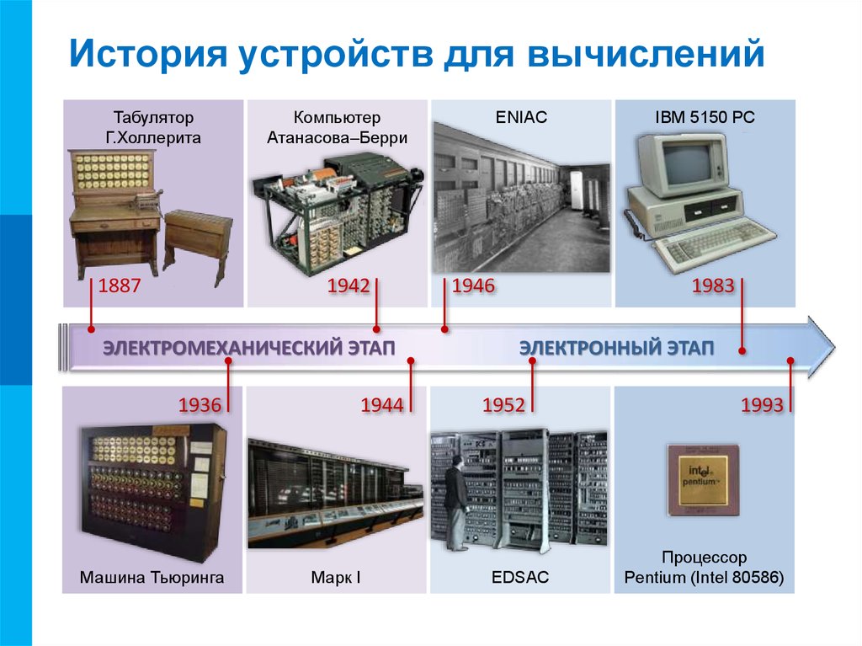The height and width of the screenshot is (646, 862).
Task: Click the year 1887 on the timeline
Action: [x=120, y=286]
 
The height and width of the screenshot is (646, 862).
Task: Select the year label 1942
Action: [x=349, y=286]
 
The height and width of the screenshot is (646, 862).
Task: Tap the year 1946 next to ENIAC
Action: [x=473, y=286]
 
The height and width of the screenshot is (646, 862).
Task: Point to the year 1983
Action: [x=713, y=286]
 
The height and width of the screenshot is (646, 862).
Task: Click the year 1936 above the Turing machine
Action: [x=200, y=405]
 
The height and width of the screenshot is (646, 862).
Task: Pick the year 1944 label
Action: [x=382, y=405]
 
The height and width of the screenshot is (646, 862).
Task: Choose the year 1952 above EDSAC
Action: [x=503, y=405]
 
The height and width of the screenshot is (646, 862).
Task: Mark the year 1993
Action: [x=762, y=405]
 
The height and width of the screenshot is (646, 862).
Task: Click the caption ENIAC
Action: [x=521, y=117]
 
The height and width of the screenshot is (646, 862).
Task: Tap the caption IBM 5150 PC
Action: [x=705, y=117]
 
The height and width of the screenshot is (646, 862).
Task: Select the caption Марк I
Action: [x=336, y=577]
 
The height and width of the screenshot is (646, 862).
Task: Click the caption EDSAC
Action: [x=520, y=577]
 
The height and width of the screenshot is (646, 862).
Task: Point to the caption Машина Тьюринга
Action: [x=152, y=577]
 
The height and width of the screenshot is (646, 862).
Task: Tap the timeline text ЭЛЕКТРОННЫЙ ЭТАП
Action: [x=617, y=349]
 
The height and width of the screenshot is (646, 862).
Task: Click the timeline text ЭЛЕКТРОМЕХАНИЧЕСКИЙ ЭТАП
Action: [x=249, y=349]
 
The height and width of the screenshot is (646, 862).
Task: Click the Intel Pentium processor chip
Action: [x=704, y=480]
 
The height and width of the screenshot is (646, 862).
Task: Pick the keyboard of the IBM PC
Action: [x=714, y=243]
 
